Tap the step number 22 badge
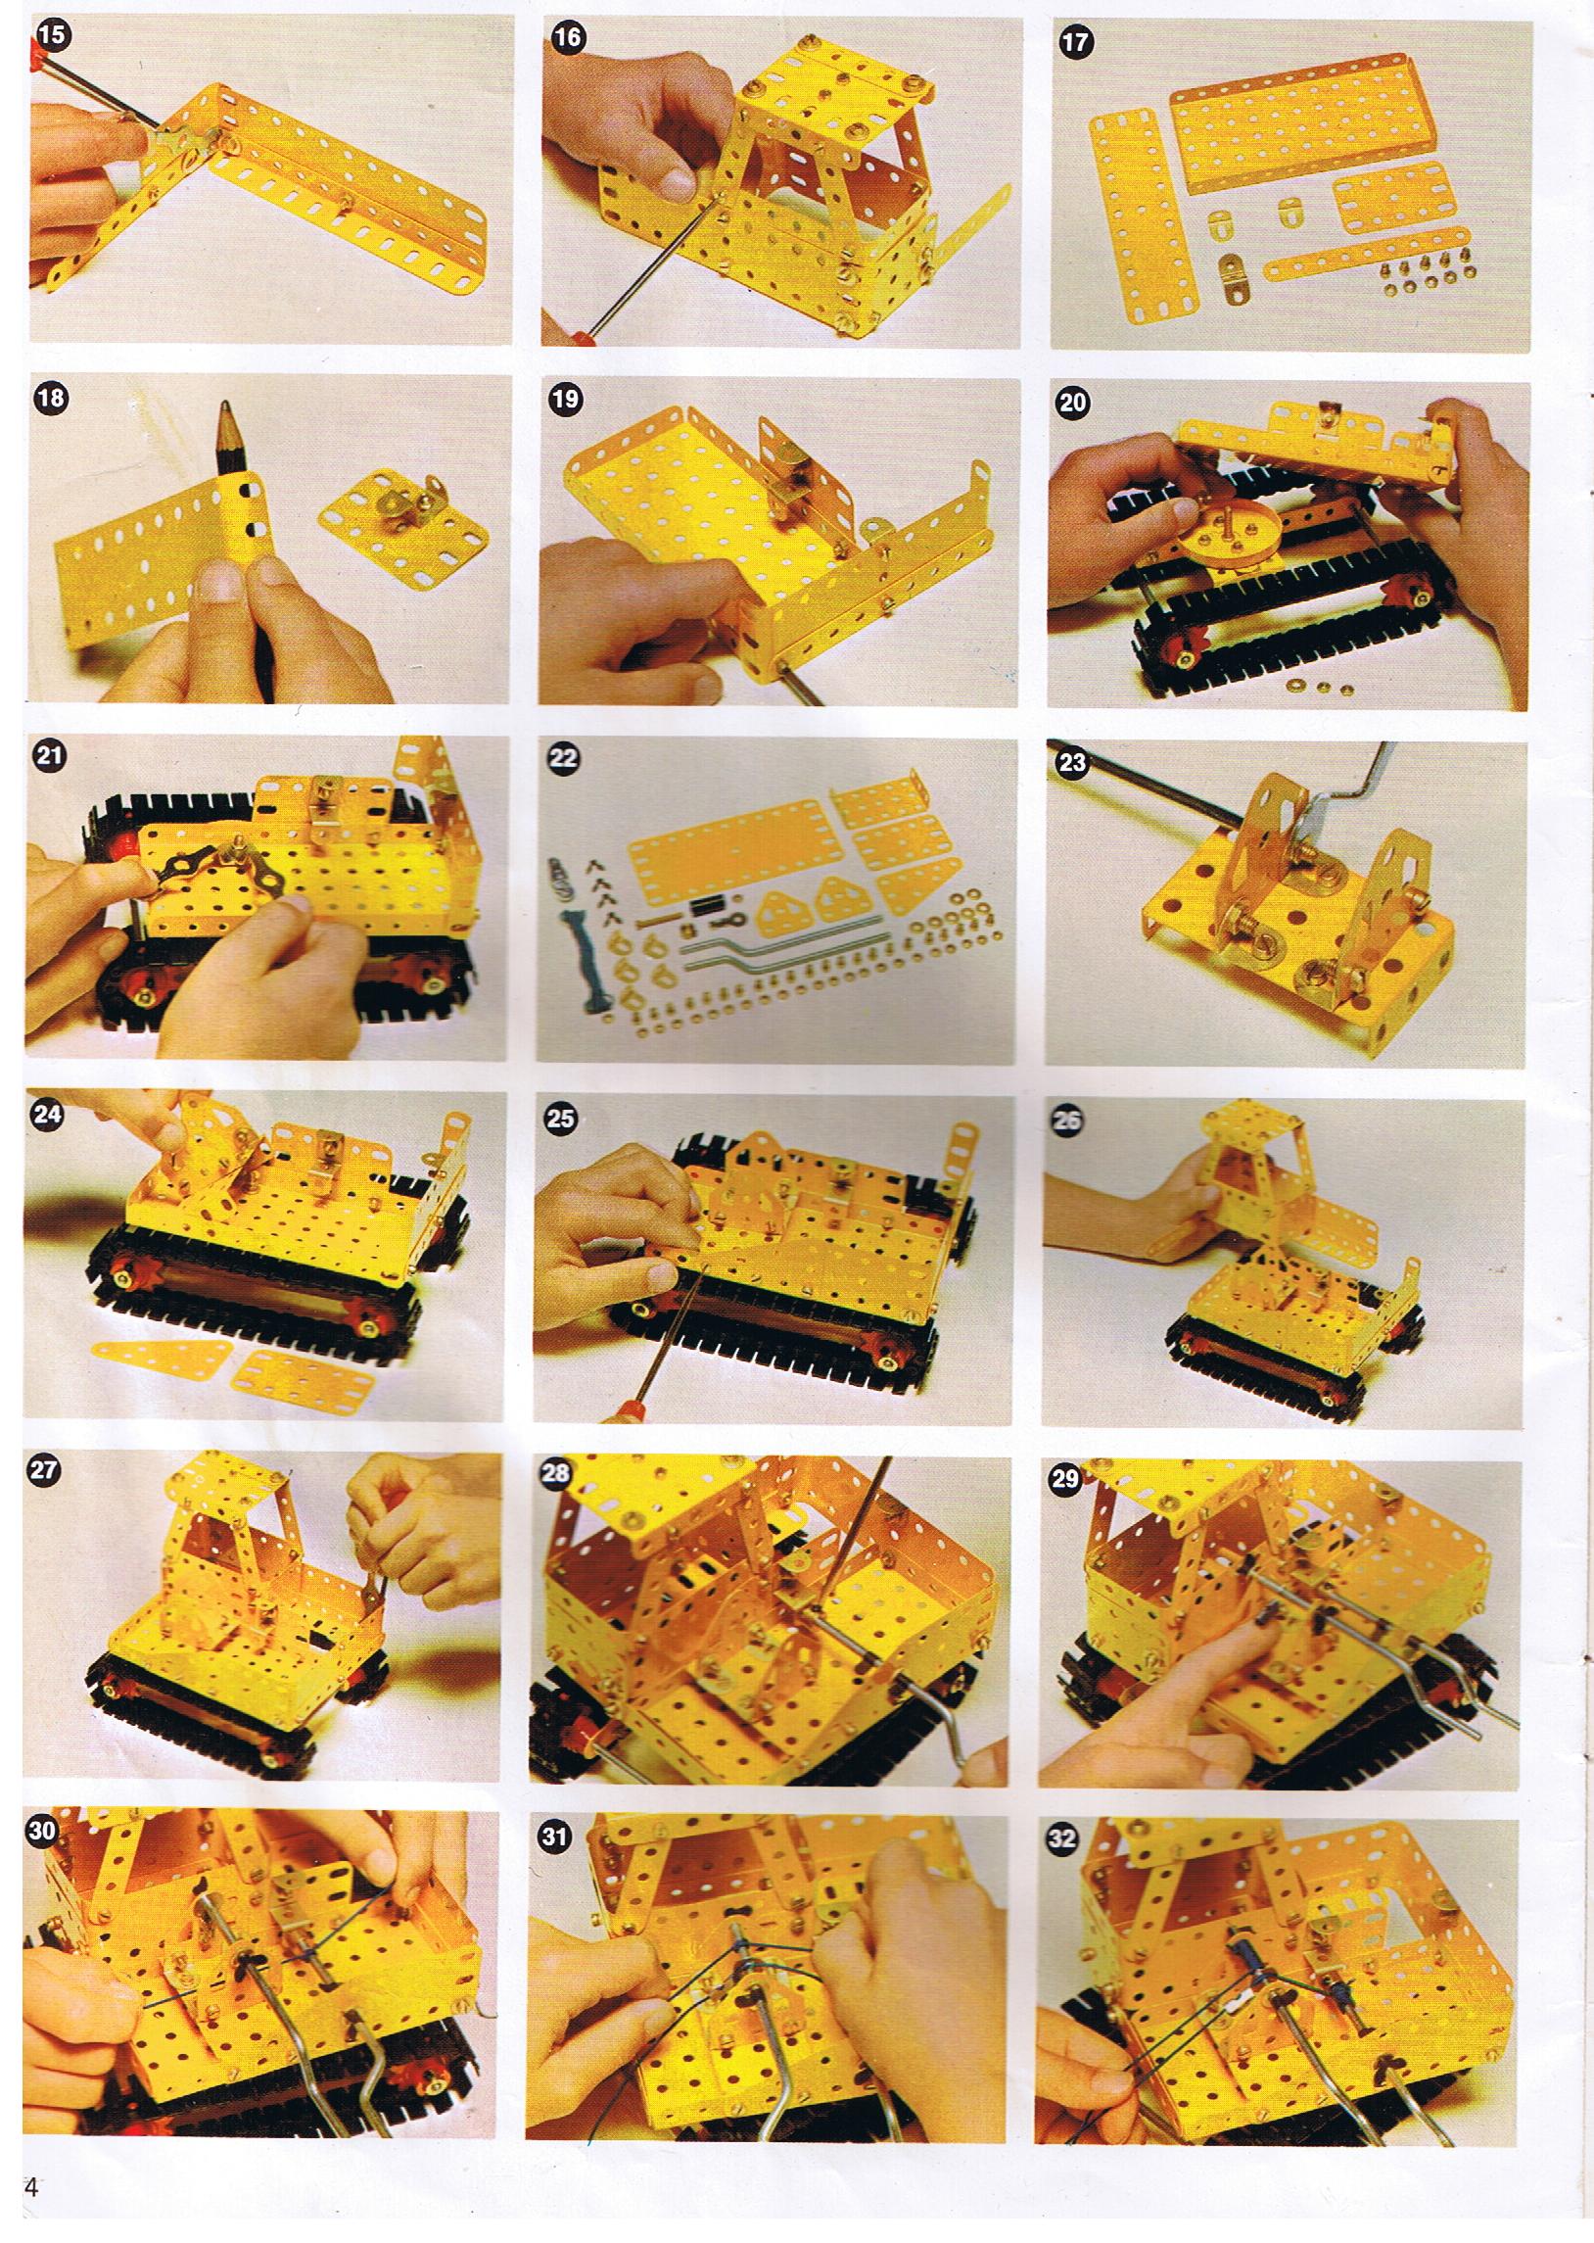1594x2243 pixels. pos(566,758)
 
